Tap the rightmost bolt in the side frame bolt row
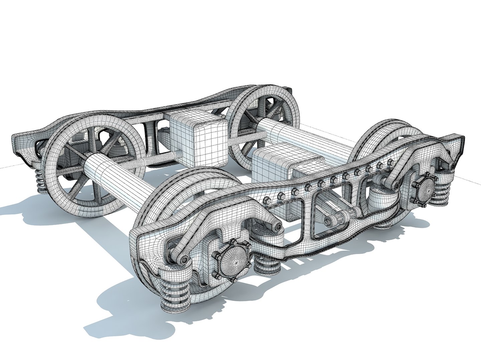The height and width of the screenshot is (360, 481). coord(390,162)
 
